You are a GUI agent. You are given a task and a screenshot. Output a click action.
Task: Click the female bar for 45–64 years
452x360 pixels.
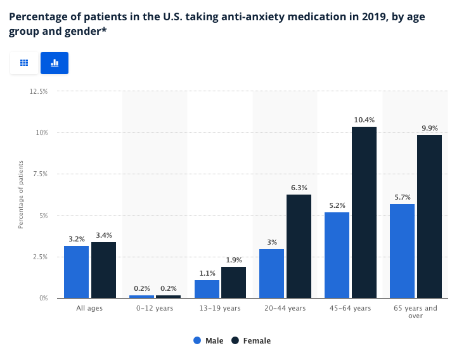coord(364,212)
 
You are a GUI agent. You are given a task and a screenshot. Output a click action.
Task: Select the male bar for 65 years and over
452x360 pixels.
coord(402,251)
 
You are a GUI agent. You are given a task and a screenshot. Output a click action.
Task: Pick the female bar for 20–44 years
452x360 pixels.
coord(299,246)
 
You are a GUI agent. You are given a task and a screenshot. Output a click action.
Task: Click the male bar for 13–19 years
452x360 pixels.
coord(207,289)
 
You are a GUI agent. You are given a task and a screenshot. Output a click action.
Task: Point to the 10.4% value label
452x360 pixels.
coord(365,120)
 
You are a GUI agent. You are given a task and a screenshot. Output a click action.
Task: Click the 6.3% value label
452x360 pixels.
coord(299,188)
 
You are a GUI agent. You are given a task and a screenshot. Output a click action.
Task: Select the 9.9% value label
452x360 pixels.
coord(430,128)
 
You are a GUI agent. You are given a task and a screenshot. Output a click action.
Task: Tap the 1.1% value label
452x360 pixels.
coord(207,273)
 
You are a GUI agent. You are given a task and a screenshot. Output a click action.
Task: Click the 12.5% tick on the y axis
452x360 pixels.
coord(39,91)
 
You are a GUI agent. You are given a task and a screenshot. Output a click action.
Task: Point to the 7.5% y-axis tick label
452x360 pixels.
coord(40,174)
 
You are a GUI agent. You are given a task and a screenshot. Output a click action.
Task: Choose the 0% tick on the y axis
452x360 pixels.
coord(42,298)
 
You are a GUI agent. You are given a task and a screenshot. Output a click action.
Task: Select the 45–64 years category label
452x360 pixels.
coord(351,309)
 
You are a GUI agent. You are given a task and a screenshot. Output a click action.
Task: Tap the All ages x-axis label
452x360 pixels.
coord(89,309)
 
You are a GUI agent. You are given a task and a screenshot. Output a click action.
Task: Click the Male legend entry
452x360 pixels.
coord(209,340)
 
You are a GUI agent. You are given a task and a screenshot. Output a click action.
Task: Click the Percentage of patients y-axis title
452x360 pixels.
coord(21,195)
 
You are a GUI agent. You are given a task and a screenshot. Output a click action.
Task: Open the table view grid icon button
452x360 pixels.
coord(24,63)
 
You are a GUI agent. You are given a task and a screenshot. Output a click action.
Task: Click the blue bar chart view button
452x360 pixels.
coord(55,63)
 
